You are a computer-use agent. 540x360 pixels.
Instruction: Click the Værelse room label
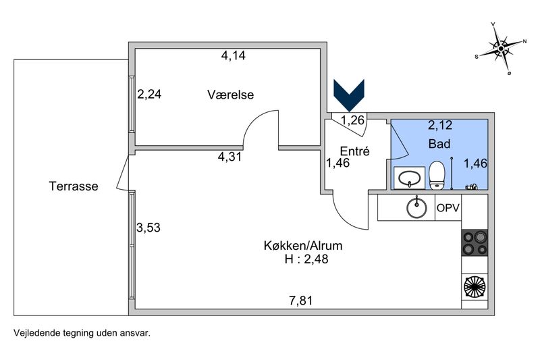pyautogui.click(x=230, y=95)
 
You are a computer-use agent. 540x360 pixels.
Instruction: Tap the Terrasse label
pyautogui.click(x=74, y=186)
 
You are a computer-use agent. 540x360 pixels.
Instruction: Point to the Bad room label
pyautogui.click(x=439, y=144)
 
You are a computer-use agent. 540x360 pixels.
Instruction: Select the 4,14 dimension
pyautogui.click(x=233, y=56)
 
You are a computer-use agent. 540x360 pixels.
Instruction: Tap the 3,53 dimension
pyautogui.click(x=148, y=228)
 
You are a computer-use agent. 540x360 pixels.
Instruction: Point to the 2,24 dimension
pyautogui.click(x=149, y=95)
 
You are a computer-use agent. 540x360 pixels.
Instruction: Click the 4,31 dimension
pyautogui.click(x=229, y=157)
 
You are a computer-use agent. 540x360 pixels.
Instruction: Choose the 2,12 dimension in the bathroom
pyautogui.click(x=439, y=124)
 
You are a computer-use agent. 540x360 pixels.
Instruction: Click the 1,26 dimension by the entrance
pyautogui.click(x=352, y=121)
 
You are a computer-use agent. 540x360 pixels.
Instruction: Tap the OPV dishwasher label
pyautogui.click(x=448, y=208)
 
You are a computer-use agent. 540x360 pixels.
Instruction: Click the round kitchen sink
pyautogui.click(x=417, y=208)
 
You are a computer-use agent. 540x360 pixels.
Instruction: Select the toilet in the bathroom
pyautogui.click(x=437, y=176)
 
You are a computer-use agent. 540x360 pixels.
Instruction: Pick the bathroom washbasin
pyautogui.click(x=409, y=178)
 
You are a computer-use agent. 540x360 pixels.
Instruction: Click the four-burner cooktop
pyautogui.click(x=474, y=243)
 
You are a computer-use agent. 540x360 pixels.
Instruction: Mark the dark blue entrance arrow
pyautogui.click(x=350, y=95)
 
